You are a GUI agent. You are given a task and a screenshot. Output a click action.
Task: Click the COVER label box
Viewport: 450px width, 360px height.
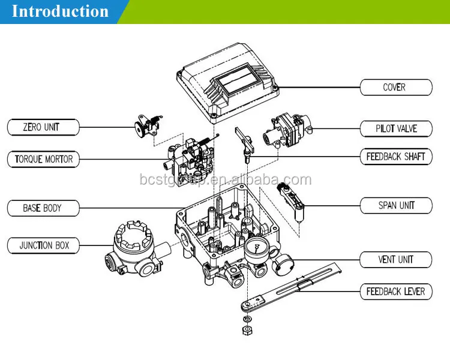coord(396,87)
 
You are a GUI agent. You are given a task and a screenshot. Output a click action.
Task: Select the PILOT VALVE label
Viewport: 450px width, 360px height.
coord(396,128)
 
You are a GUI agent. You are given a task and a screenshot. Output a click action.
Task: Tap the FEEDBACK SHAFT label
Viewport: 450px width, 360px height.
coord(396,157)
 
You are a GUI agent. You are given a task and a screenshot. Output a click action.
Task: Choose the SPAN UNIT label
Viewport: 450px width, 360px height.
coord(396,205)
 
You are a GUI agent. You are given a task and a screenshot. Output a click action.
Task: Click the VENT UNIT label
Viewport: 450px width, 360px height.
coord(396,260)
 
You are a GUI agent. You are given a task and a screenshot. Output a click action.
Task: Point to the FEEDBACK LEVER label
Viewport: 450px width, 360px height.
coord(396,292)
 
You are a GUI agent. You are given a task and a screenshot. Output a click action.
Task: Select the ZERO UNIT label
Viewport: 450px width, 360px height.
coord(43,127)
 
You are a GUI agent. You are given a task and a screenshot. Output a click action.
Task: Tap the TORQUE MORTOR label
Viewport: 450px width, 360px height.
coord(43,159)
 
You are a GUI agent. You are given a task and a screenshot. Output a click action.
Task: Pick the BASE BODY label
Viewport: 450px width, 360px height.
coord(43,208)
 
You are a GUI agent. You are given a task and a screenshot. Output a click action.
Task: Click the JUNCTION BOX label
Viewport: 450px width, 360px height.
coord(43,245)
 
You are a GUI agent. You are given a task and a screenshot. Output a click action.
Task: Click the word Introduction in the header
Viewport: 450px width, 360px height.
coord(60,11)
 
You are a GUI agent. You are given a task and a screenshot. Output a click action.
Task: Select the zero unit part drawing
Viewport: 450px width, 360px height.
coord(148,127)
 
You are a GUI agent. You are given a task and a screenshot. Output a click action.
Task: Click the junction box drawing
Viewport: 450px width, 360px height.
coord(135,249)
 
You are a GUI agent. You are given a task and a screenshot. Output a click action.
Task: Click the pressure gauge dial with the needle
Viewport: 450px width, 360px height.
coord(256,248)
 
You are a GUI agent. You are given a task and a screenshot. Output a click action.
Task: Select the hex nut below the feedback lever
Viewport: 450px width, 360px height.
coord(247,331)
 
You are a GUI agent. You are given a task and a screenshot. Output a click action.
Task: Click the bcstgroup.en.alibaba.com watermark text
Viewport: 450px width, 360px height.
coord(226,180)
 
